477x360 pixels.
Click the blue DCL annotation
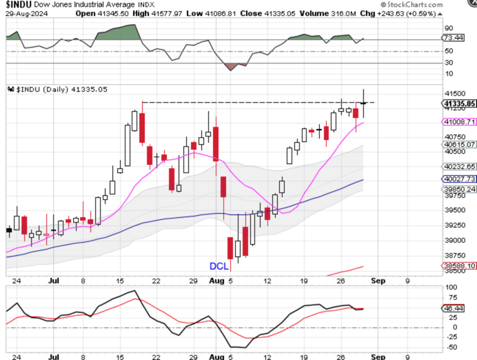coord(220,266)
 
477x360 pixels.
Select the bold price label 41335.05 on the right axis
coord(460,103)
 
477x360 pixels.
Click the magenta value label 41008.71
coord(461,121)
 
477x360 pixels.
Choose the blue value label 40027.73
coord(461,179)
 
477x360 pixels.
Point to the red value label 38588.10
coord(461,266)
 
